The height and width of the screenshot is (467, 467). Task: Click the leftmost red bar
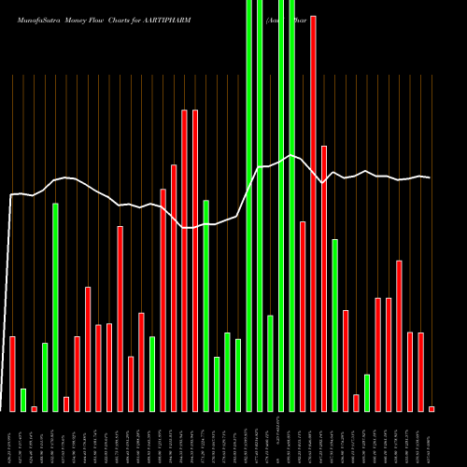tap(12, 374)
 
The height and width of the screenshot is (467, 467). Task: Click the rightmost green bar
tap(367, 392)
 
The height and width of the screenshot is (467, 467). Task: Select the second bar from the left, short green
tap(23, 400)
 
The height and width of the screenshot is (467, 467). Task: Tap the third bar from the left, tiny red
tap(34, 408)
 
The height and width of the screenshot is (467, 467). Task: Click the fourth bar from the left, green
tap(45, 376)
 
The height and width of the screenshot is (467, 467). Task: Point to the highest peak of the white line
tap(291, 155)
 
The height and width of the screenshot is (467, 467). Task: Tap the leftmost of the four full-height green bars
tap(248, 205)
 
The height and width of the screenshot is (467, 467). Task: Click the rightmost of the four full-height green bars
tap(291, 205)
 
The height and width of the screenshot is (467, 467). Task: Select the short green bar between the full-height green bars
tap(270, 363)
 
